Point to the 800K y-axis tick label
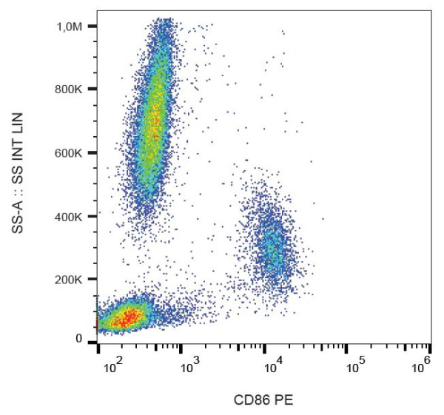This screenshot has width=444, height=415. tap(75, 90)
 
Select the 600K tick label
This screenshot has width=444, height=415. tap(75, 153)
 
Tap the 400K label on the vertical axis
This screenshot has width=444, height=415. tap(75, 217)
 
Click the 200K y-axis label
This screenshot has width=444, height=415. tap(75, 280)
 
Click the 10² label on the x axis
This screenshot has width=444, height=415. tap(113, 363)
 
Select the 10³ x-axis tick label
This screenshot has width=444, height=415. tap(192, 363)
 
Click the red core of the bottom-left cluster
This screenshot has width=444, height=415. tap(127, 317)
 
